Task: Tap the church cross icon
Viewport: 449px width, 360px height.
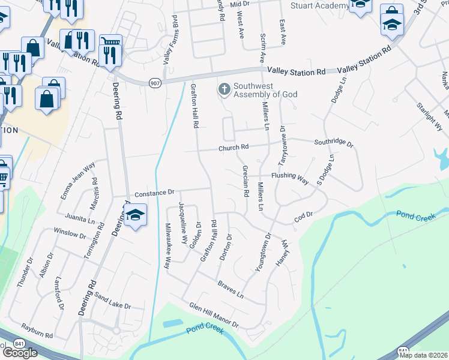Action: (224, 90)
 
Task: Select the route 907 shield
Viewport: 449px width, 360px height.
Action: (155, 83)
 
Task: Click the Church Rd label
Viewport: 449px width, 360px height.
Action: (234, 148)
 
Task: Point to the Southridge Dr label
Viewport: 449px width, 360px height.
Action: (334, 143)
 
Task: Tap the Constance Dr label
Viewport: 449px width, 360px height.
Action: (154, 193)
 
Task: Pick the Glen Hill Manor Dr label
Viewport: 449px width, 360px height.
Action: (214, 315)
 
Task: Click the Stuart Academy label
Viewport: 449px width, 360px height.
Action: (319, 5)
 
